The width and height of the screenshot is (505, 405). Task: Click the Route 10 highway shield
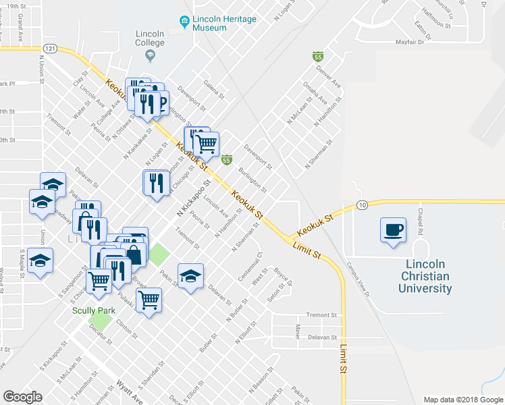[x=362, y=205]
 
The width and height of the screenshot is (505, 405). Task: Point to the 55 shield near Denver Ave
[x=317, y=56]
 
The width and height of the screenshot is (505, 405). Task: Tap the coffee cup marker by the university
[x=393, y=230]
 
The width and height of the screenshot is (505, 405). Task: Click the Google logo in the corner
[x=23, y=396]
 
